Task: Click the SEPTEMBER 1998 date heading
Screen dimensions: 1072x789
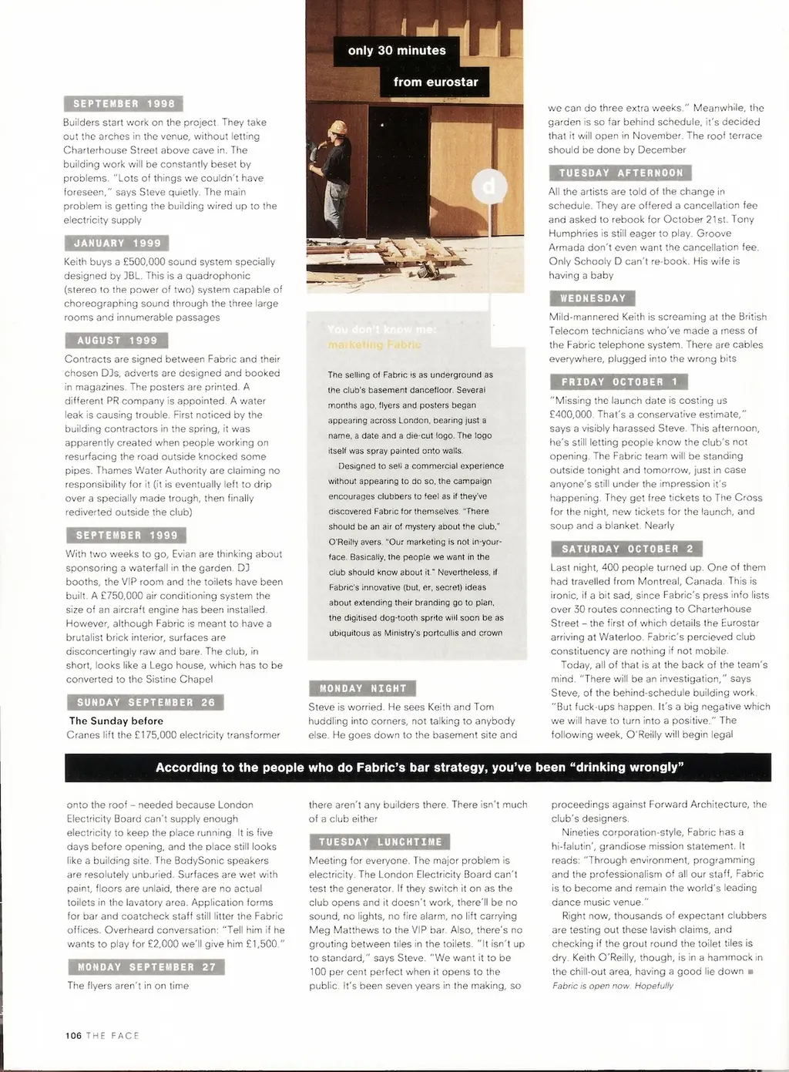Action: (x=124, y=104)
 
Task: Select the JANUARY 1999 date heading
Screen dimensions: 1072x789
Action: (x=117, y=244)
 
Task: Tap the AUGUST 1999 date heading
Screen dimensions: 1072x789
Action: (x=117, y=341)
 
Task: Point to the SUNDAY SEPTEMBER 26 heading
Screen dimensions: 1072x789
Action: (x=146, y=703)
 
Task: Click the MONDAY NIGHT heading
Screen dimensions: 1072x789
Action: (x=363, y=689)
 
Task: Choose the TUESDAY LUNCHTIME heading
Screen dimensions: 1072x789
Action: (x=381, y=842)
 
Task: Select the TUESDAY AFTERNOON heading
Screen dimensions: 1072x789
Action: (x=620, y=173)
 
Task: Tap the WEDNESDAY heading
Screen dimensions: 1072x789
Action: (x=593, y=298)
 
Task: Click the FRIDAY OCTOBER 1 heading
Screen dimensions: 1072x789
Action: (x=619, y=382)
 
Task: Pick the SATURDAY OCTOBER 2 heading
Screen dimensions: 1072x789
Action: (x=627, y=549)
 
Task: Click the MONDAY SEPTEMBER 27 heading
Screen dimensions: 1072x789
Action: (x=146, y=967)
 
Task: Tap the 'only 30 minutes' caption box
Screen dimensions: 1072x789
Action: (x=397, y=51)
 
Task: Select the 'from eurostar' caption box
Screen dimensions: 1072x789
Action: (x=435, y=82)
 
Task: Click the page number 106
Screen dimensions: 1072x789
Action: (x=73, y=1036)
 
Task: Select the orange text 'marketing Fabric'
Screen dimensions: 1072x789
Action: (x=374, y=344)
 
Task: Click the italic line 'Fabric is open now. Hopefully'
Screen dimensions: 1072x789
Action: (x=613, y=986)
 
